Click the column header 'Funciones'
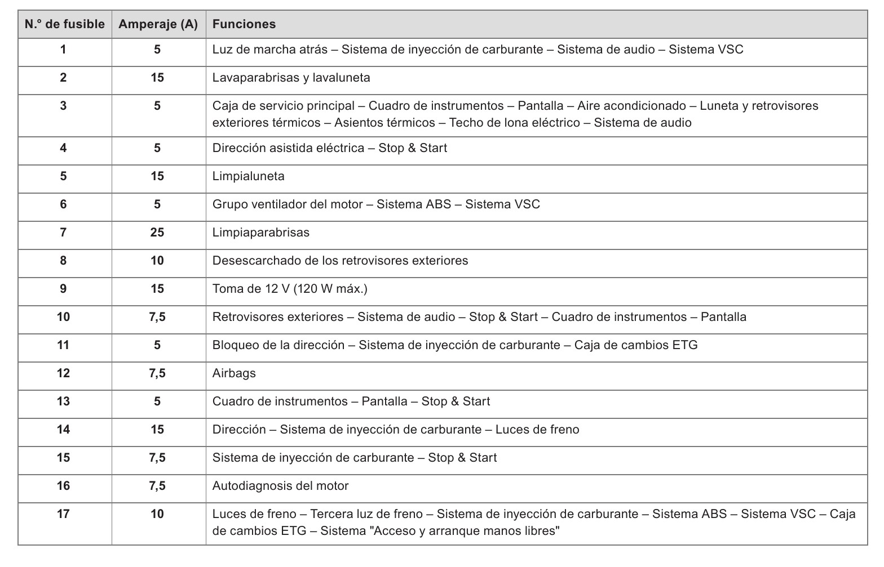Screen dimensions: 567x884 pos(244,24)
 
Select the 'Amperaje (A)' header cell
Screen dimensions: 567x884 pos(158,24)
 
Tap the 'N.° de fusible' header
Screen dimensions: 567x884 pos(65,24)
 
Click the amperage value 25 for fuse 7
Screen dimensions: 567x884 pos(157,233)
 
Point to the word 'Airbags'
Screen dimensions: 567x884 pos(234,373)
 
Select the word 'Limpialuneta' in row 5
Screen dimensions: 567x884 pos(249,176)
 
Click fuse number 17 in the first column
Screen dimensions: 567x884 pos(63,514)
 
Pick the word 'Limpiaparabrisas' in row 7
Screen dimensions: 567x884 pos(261,233)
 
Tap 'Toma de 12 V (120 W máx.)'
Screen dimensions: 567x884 pos(290,289)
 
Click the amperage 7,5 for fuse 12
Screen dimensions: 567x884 pos(157,373)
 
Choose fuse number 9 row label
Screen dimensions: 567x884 pos(63,289)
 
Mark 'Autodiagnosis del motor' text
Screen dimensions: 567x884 pos(280,486)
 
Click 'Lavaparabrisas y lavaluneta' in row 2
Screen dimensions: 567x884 pos(291,78)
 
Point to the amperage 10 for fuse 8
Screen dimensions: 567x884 pos(157,261)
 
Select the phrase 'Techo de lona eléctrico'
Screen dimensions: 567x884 pos(514,123)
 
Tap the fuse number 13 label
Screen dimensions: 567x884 pos(63,401)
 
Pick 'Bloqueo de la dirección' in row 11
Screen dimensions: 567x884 pos(279,345)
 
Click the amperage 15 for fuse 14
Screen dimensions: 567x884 pos(157,430)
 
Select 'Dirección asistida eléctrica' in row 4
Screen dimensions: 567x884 pos(288,148)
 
